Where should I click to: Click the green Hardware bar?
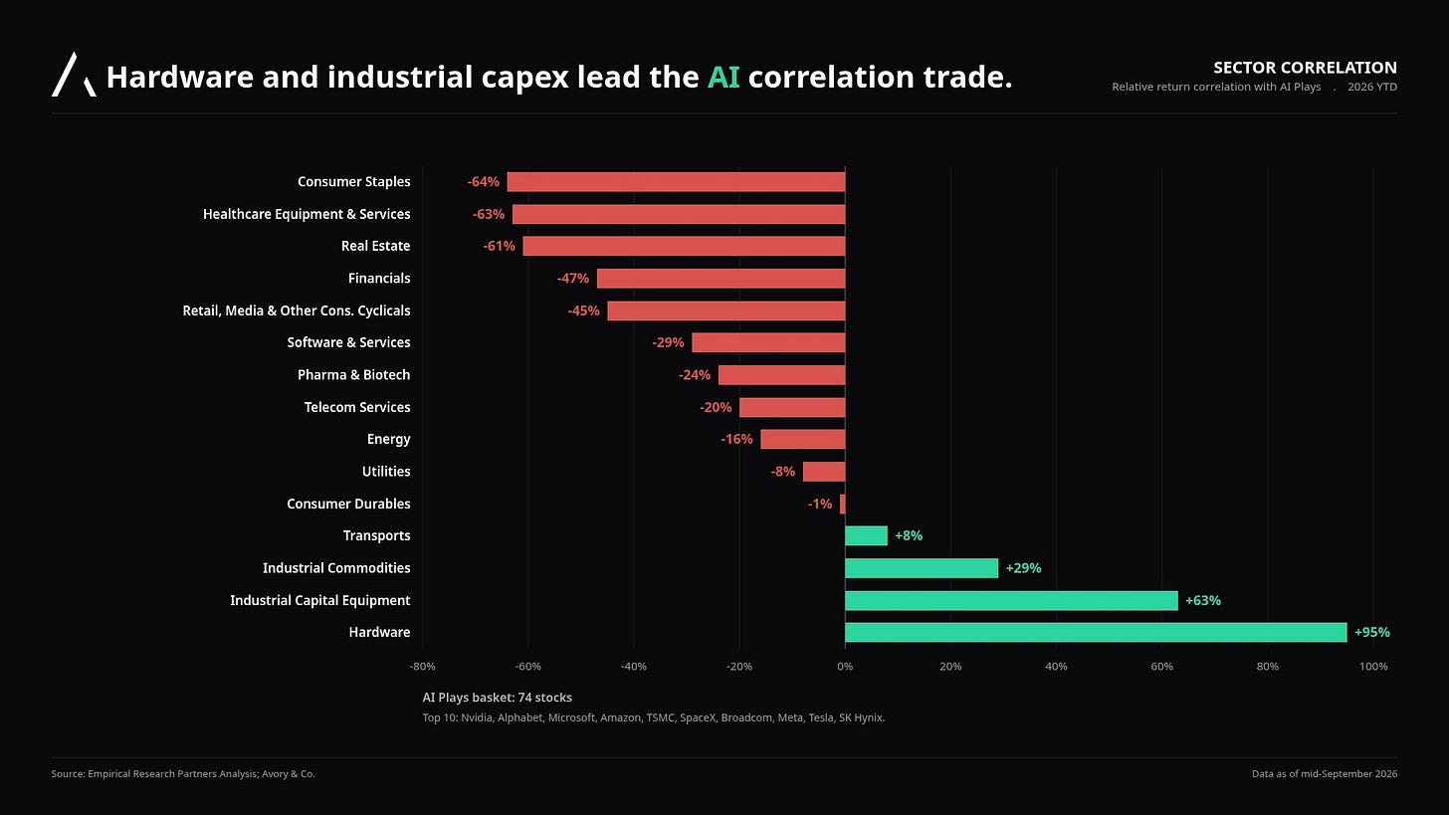click(x=1096, y=633)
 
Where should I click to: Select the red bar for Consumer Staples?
click(x=676, y=182)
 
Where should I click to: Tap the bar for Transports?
click(x=866, y=535)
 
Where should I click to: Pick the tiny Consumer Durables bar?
click(x=842, y=504)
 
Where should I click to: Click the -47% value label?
click(x=573, y=279)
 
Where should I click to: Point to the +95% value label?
click(x=1372, y=632)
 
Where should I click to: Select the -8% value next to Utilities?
click(x=782, y=472)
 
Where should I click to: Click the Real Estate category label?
click(x=376, y=246)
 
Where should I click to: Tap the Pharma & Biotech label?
click(x=354, y=374)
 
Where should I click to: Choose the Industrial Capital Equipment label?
click(x=320, y=600)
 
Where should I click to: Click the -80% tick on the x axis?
click(x=422, y=667)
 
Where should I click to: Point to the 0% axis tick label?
click(x=845, y=667)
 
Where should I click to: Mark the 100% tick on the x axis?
click(x=1373, y=667)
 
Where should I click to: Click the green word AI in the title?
click(x=724, y=77)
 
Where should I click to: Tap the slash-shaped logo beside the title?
click(x=74, y=75)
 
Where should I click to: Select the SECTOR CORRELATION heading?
click(x=1305, y=68)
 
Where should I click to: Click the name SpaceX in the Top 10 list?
click(x=698, y=717)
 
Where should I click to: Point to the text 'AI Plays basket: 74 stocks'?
click(x=497, y=698)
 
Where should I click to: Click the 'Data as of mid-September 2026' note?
click(x=1325, y=773)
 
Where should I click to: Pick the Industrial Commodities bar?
click(x=922, y=568)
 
